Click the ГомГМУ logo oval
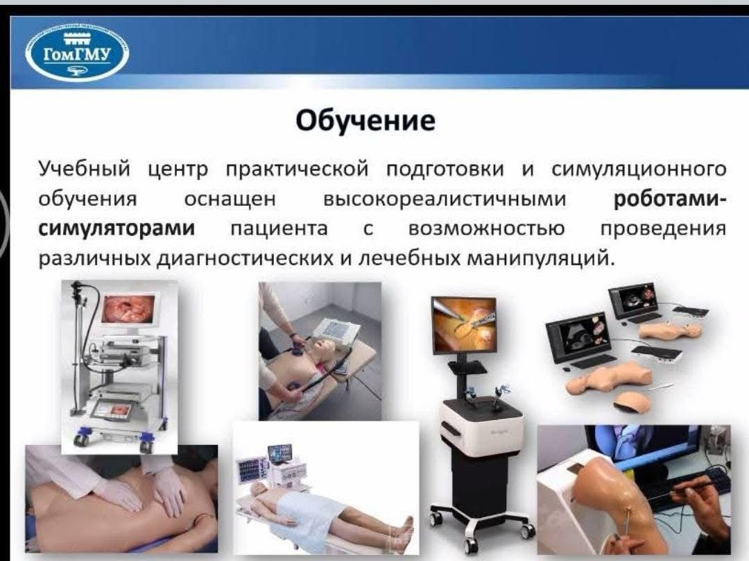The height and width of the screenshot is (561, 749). click(x=77, y=53)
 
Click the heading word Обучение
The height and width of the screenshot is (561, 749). click(x=365, y=121)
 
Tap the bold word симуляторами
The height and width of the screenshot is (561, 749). click(x=117, y=228)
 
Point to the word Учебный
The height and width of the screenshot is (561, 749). click(x=85, y=169)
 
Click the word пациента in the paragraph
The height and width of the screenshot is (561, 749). click(x=279, y=229)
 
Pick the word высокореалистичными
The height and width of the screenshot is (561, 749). click(x=445, y=199)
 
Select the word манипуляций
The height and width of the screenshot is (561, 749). click(x=538, y=258)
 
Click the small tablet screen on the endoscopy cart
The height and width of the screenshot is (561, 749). click(x=112, y=410)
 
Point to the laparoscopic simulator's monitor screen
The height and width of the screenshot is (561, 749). click(x=464, y=325)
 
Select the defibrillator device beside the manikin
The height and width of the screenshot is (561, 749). click(x=340, y=330)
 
